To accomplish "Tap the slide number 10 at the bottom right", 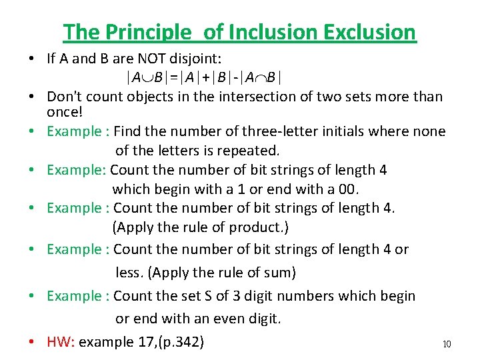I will [447, 344].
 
